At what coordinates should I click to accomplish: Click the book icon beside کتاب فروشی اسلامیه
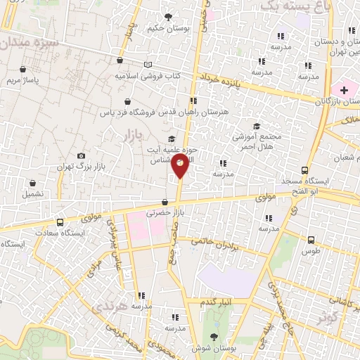[x=148, y=64]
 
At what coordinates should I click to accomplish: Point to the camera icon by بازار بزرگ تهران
[x=82, y=155]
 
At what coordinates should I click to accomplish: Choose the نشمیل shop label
[x=32, y=193]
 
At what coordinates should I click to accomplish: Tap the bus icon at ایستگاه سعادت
[x=60, y=221]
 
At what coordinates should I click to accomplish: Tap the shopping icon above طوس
[x=310, y=239]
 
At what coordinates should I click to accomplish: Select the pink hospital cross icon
[x=344, y=89]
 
